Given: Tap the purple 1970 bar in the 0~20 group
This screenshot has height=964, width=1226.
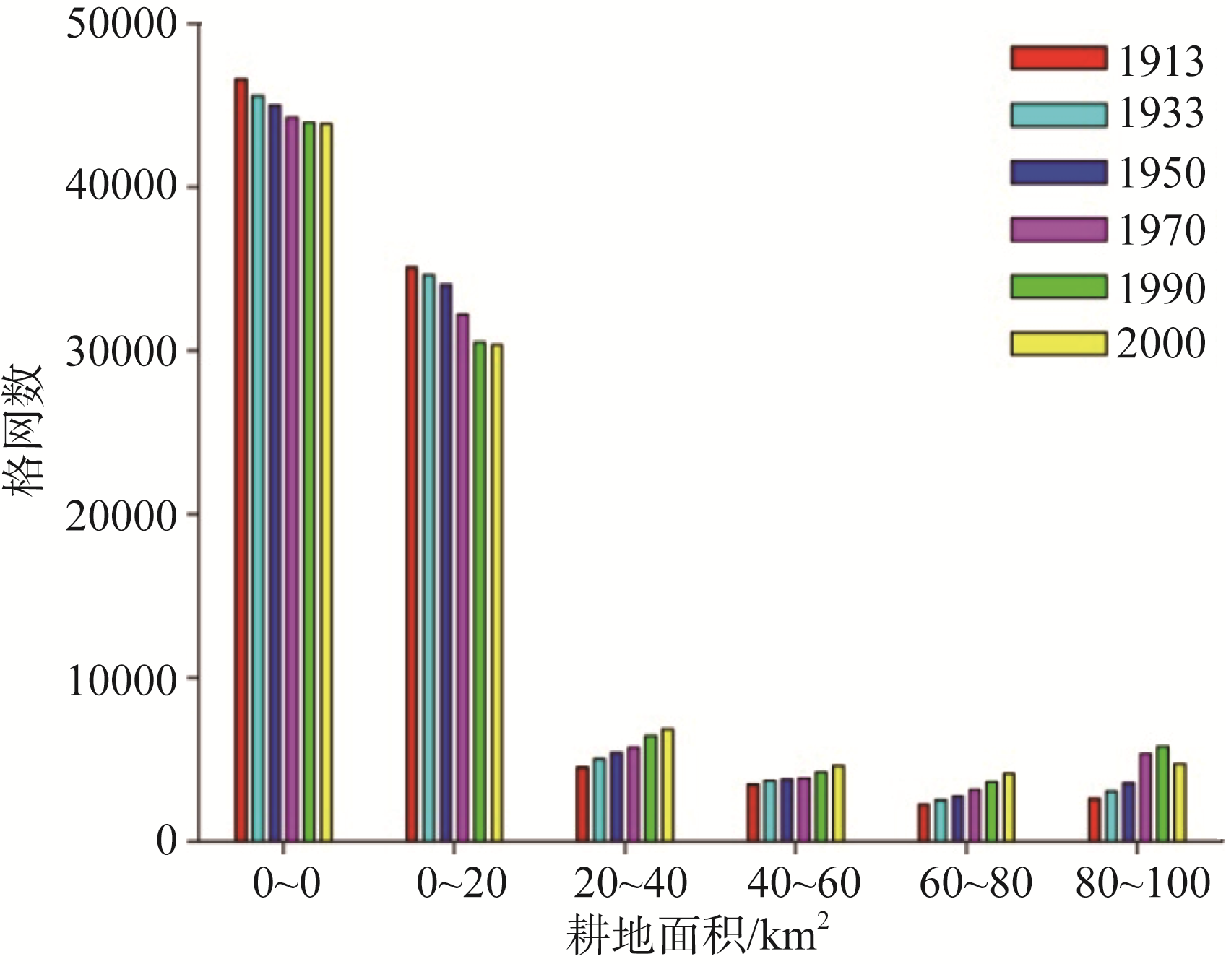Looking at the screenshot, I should [x=463, y=578].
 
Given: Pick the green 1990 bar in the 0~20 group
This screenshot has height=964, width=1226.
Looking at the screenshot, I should [x=480, y=591].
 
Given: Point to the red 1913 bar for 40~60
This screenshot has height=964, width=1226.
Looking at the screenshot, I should [x=753, y=812].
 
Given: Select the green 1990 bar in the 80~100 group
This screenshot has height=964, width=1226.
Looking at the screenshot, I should [x=1162, y=794].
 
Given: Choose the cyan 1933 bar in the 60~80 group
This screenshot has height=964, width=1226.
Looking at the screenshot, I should [x=941, y=820].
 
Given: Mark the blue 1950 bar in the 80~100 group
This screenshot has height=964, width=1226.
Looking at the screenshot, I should [x=1128, y=812].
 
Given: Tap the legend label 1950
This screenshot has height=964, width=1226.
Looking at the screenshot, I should [x=1162, y=173].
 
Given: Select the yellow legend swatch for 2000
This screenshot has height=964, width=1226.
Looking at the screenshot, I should [x=1058, y=344].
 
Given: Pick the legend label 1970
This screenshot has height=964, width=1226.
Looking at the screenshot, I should [x=1162, y=231].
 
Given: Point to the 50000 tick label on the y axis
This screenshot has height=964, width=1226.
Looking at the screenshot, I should [x=121, y=25].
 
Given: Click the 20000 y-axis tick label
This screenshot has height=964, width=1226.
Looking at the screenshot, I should [x=121, y=515].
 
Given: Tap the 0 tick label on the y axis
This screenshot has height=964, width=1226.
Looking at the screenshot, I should [x=166, y=841].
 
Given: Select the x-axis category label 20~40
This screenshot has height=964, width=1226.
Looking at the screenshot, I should [x=630, y=883].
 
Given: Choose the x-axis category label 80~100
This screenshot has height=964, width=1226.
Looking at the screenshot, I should [x=1142, y=883].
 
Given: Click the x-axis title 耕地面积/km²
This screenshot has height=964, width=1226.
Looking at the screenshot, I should [x=696, y=937].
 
